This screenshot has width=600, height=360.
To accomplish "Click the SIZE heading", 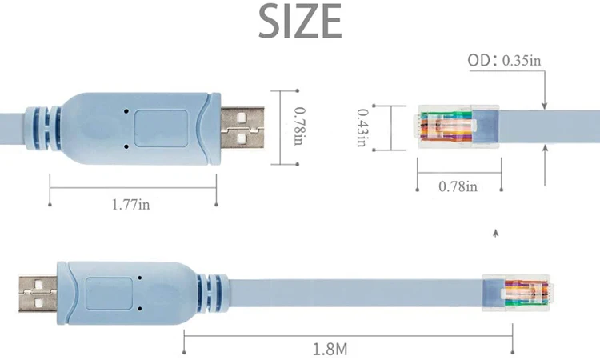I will (x=300, y=22).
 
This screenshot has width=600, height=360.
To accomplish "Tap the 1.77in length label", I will (x=131, y=206).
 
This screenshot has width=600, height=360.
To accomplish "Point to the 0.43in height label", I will (x=362, y=128).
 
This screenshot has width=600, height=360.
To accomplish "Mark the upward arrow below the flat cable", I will (x=545, y=160).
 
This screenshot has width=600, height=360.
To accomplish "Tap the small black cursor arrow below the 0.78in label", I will (x=496, y=233).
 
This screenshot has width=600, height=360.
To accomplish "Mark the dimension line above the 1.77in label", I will (x=132, y=189).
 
